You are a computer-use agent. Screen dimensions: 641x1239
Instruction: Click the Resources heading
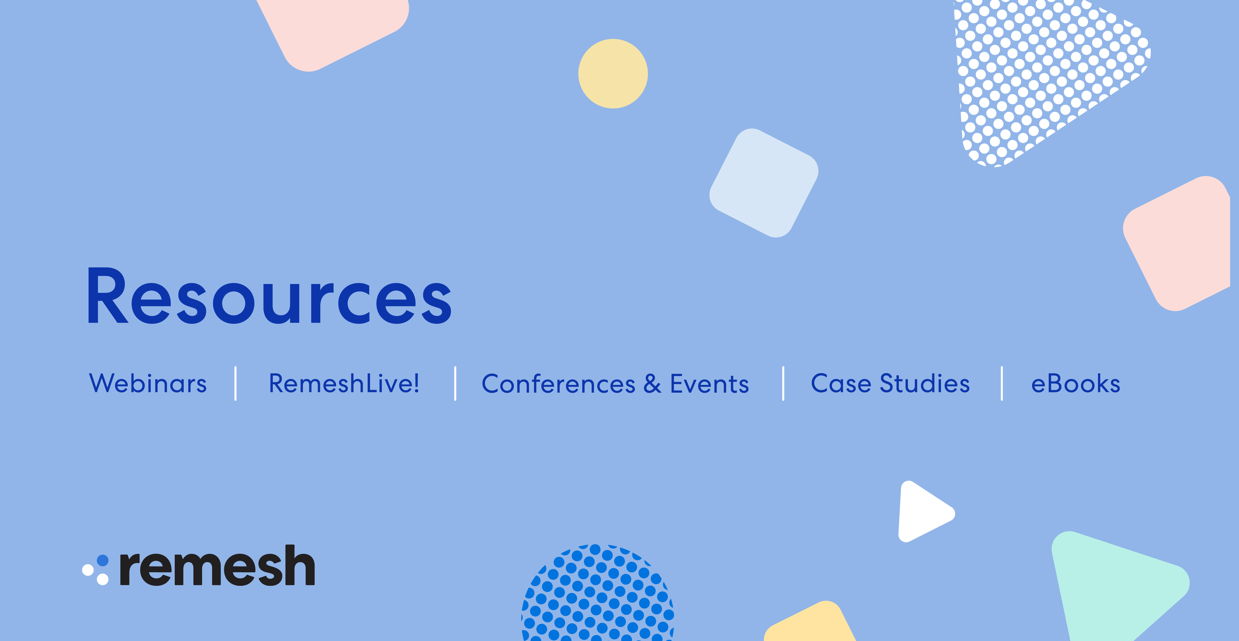[269, 296]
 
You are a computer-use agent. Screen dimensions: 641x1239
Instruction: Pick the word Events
[709, 384]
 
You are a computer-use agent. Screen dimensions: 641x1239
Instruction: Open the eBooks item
[1076, 384]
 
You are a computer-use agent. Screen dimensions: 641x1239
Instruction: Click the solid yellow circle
[613, 74]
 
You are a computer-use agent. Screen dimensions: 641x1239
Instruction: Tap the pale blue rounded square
[764, 183]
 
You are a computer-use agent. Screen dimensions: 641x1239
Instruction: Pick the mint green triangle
[1111, 584]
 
